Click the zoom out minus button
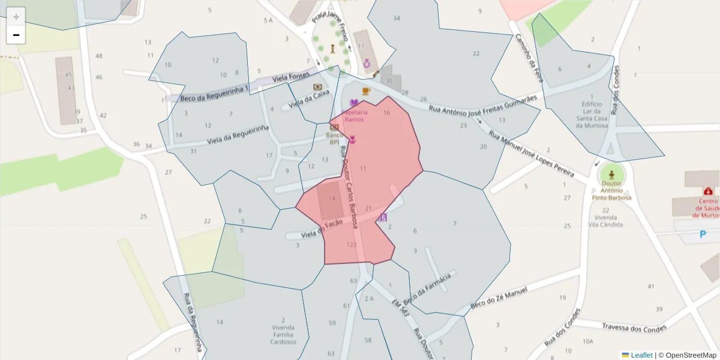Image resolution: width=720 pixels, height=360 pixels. (16, 35)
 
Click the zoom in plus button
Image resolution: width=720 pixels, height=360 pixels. (16, 16)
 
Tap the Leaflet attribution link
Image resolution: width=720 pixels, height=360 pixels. (641, 355)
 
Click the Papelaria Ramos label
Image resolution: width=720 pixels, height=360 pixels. (355, 116)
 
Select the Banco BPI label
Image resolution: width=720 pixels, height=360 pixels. (334, 139)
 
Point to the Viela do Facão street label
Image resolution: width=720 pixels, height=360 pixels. (322, 228)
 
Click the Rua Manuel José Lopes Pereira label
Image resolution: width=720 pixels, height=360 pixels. (530, 157)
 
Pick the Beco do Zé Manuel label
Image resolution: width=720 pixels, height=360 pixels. (499, 298)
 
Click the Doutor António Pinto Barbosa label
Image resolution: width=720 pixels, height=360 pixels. (611, 194)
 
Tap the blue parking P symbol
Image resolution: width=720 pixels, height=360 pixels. (703, 235)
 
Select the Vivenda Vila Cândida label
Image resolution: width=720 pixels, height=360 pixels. (605, 221)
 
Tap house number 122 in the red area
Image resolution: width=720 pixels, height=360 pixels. (352, 245)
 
